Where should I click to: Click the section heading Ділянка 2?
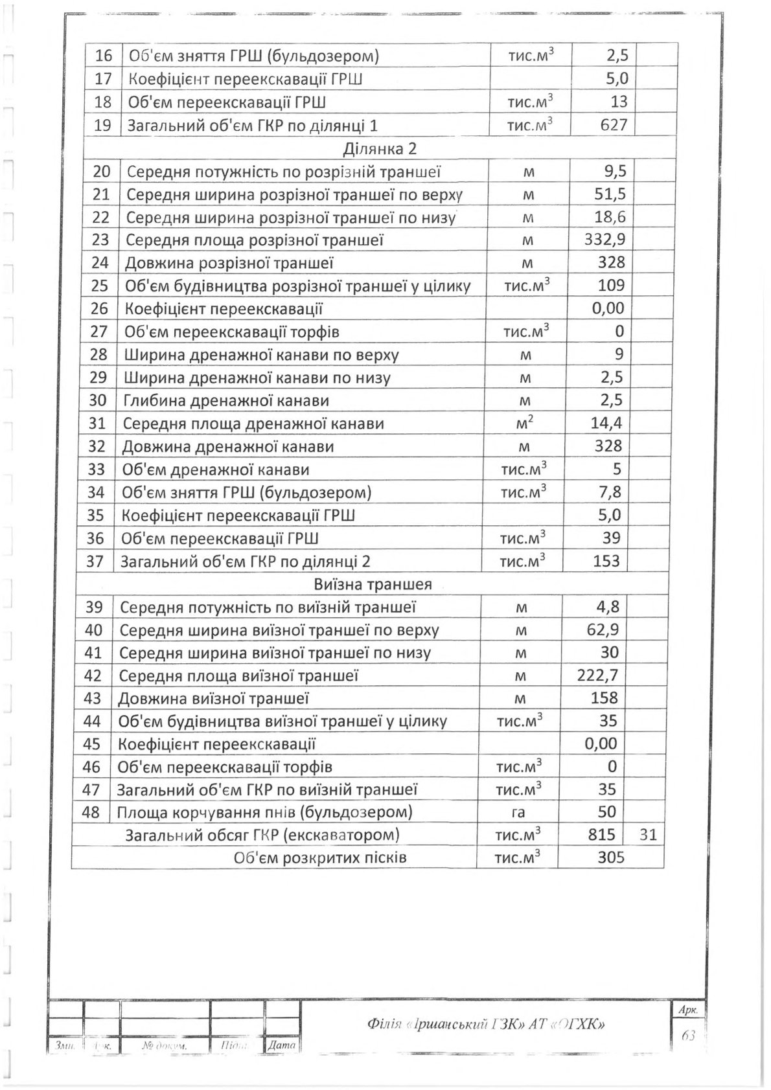[x=380, y=149]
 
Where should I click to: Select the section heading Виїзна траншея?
[x=373, y=584]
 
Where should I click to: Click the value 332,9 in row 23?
[x=605, y=240]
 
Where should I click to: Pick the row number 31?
[x=97, y=424]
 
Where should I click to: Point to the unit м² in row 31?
[x=526, y=423]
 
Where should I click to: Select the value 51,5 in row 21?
[x=610, y=194]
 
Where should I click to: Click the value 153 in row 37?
[x=606, y=561]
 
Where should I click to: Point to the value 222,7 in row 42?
[x=597, y=676]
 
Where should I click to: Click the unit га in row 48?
[x=518, y=812]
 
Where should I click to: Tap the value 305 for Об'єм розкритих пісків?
[x=611, y=858]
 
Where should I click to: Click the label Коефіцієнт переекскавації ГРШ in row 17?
[x=245, y=79]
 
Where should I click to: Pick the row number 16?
[x=104, y=56]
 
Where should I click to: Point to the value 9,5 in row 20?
[x=612, y=172]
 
